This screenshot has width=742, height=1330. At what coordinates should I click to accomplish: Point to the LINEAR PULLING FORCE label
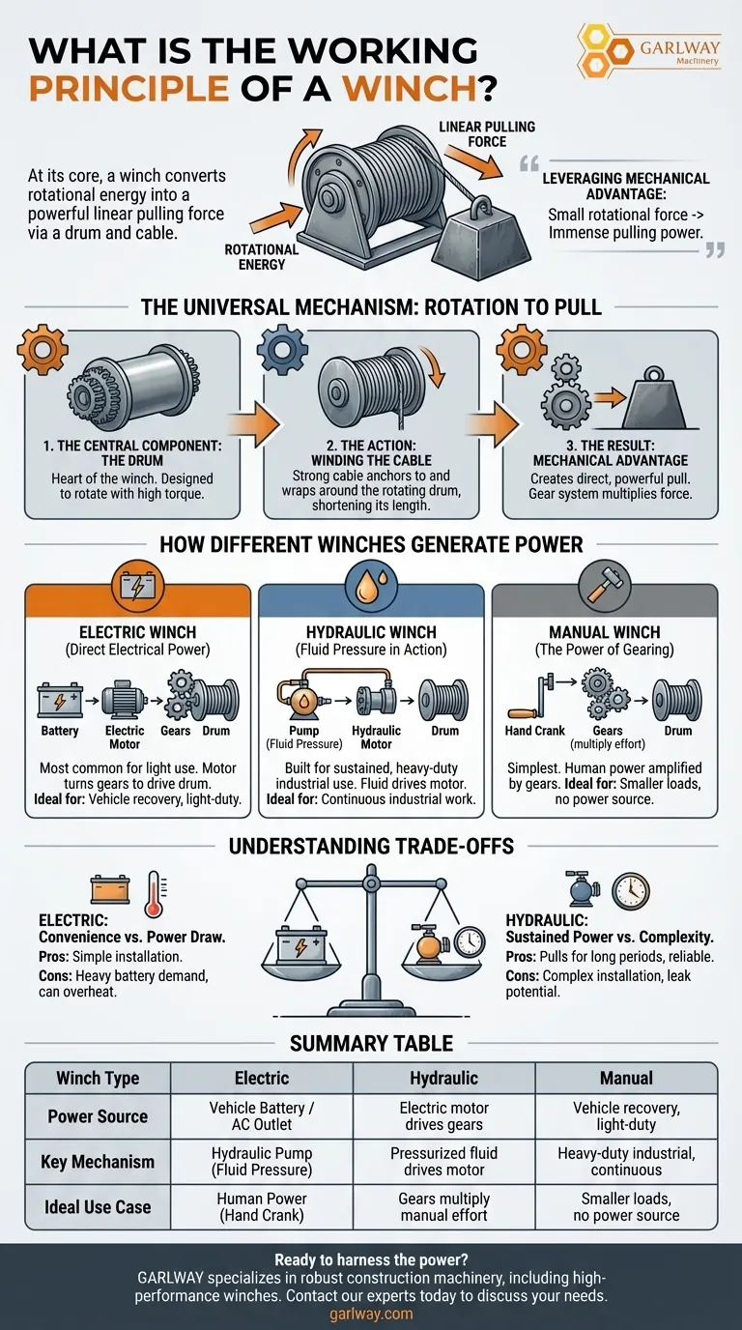click(x=486, y=134)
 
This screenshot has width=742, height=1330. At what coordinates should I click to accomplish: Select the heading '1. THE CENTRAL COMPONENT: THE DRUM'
click(x=131, y=455)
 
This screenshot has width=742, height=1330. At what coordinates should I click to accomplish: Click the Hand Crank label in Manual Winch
click(x=534, y=731)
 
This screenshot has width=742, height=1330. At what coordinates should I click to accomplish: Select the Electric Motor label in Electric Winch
click(x=125, y=737)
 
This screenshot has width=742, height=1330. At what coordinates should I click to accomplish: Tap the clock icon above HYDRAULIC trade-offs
click(x=631, y=889)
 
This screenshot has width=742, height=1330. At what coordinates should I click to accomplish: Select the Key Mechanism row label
click(x=98, y=1162)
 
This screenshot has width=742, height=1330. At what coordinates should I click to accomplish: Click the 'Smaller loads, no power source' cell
click(x=626, y=1207)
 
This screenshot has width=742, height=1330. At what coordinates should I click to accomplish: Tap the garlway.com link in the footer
click(x=371, y=1314)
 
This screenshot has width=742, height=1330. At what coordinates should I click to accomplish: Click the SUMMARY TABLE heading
click(x=371, y=1043)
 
